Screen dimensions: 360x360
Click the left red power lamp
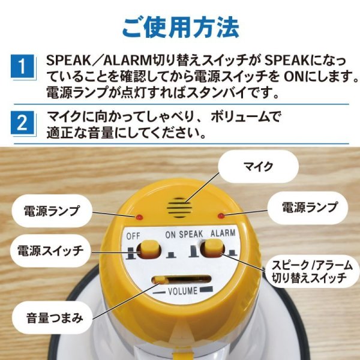140,216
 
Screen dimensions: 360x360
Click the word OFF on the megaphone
133,236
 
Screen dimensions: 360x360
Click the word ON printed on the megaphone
170,235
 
